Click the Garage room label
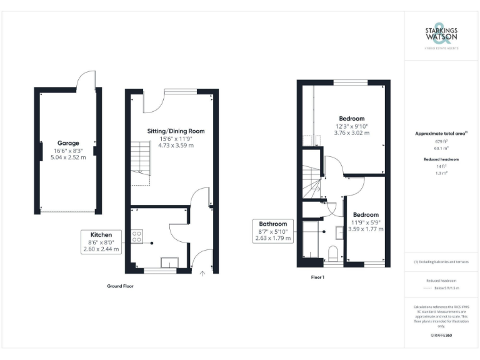[68, 142]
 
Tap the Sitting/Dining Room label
[176, 131]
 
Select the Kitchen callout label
[101, 234]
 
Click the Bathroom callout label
[273, 224]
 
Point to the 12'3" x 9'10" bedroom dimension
[352, 126]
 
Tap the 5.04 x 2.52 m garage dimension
[68, 157]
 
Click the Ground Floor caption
[121, 286]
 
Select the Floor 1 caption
[317, 276]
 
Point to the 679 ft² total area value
[441, 141]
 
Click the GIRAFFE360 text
[441, 336]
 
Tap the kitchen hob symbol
[136, 236]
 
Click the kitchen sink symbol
[169, 262]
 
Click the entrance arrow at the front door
[201, 272]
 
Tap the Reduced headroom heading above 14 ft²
[441, 159]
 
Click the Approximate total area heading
[440, 133]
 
